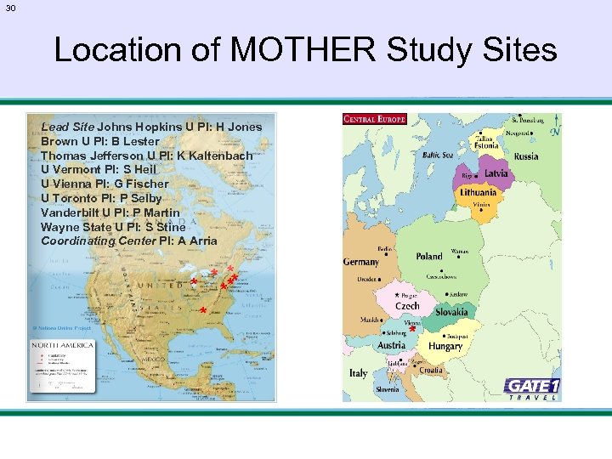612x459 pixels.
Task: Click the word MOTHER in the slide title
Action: [303, 50]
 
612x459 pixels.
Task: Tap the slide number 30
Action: [11, 8]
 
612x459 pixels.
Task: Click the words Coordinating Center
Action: [98, 241]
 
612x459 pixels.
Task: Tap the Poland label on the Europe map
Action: [429, 256]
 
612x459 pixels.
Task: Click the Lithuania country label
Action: [479, 194]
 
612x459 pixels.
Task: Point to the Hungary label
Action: [445, 347]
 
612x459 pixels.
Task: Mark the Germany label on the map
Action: [361, 263]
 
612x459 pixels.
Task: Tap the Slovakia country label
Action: [451, 313]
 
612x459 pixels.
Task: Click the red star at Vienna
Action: [412, 329]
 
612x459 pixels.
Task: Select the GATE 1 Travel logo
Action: [532, 388]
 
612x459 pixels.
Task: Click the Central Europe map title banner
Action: [375, 119]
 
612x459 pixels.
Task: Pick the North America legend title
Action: [57, 346]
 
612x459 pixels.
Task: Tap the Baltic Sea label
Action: [437, 155]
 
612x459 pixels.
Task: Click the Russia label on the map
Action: [526, 156]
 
